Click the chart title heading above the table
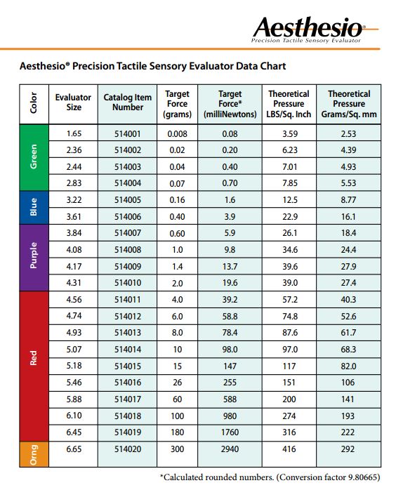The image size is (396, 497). coord(152,67)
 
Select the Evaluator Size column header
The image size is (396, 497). coord(73,102)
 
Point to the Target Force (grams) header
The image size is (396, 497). coord(177,103)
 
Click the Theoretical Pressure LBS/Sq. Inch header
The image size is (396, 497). coord(289,103)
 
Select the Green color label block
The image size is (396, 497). coord(33,157)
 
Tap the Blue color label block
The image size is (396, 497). coord(33,207)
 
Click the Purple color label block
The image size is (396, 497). coord(33,257)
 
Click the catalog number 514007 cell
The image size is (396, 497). coord(128,232)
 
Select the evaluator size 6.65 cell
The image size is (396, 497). coord(73,448)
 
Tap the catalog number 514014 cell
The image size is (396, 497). coord(128,349)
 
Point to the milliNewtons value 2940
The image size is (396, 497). coord(230,448)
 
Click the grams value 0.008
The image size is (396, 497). coord(177,133)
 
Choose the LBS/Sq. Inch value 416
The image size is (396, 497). coord(289,448)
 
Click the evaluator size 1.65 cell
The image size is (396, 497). coord(73,133)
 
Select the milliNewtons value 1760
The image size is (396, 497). coord(230,432)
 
